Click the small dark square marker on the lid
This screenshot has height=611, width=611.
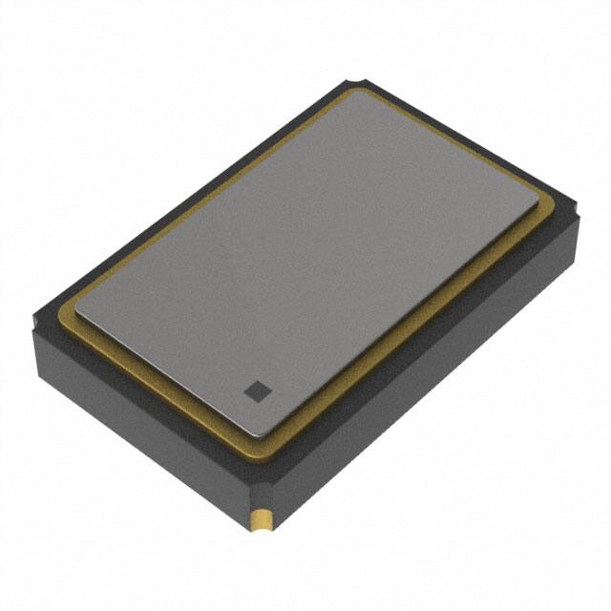coord(257,390)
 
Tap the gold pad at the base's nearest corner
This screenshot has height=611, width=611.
coord(260,519)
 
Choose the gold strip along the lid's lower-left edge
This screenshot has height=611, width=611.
coord(162,378)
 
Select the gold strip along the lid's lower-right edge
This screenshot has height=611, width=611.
coord(420,329)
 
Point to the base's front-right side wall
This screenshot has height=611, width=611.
coord(430,382)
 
